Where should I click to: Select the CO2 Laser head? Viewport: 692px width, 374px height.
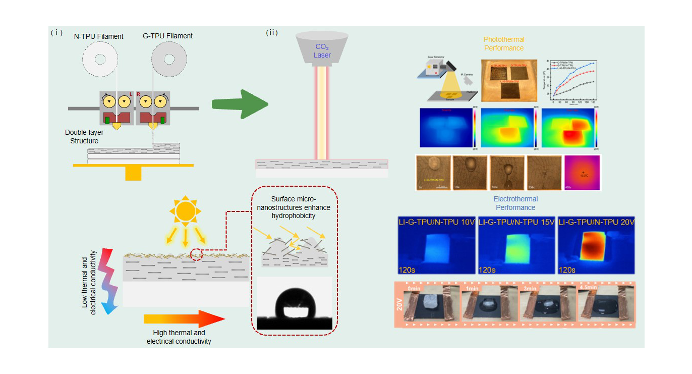pos(322,49)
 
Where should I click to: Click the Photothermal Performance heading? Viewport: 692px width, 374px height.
pos(504,43)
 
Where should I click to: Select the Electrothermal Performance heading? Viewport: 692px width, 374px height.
pos(515,203)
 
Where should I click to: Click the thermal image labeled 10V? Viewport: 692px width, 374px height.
pos(436,246)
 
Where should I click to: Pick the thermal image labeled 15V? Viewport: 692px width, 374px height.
pos(516,246)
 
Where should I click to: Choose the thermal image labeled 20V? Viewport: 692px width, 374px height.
pos(597,246)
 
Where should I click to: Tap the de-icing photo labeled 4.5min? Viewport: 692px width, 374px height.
pos(602,304)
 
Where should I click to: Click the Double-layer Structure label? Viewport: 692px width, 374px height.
pos(84,136)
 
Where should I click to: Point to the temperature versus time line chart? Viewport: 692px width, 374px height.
pos(572,81)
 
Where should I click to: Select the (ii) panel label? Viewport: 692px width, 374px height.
pos(272,33)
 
